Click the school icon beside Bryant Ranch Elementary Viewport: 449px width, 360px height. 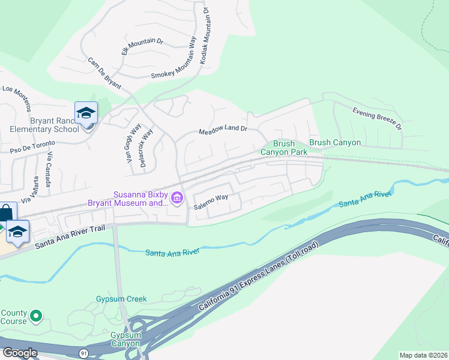[x=86, y=113]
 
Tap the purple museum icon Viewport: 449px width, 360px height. [x=177, y=198]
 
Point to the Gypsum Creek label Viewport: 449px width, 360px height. [x=121, y=299]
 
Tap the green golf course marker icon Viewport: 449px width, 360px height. [x=36, y=314]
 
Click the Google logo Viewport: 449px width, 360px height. [x=20, y=353]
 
